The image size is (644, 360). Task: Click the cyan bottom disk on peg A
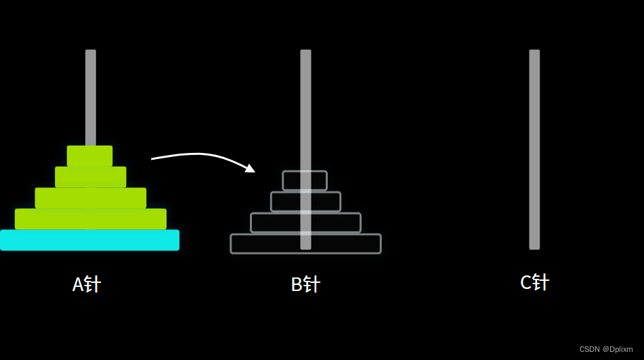(x=89, y=240)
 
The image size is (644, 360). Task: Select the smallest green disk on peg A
(x=89, y=156)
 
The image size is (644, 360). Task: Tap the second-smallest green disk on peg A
(x=90, y=177)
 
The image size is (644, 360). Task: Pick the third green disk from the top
(x=90, y=198)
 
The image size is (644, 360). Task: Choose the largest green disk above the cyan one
(x=90, y=219)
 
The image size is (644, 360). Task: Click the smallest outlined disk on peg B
(x=305, y=181)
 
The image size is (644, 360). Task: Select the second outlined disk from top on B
(x=305, y=202)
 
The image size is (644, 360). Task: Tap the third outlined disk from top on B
(x=305, y=223)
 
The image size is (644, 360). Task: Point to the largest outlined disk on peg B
(x=305, y=244)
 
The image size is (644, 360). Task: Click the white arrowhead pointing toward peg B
(x=250, y=168)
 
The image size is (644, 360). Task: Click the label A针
(x=86, y=284)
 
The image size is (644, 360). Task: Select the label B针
(x=305, y=284)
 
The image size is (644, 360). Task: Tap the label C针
(x=534, y=282)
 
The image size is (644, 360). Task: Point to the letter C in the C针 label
(x=526, y=283)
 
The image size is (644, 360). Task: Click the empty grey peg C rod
(x=534, y=149)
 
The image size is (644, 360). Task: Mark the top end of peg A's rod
(x=91, y=52)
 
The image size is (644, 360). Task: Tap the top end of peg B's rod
(x=305, y=52)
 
